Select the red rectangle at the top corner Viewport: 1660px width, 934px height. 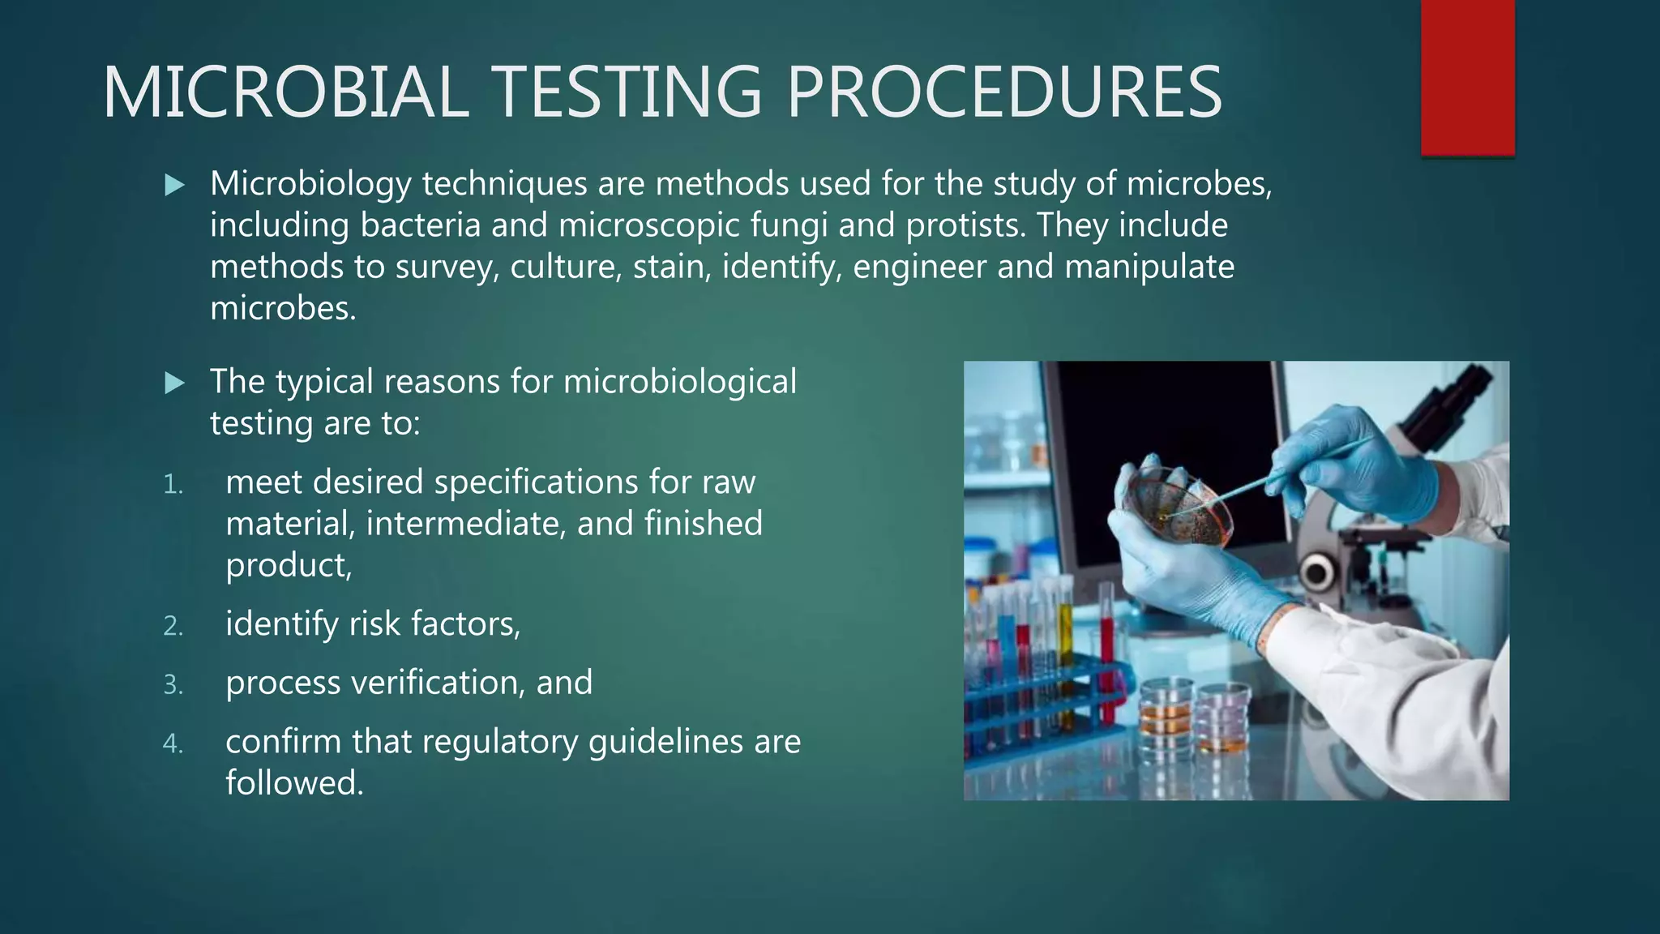pyautogui.click(x=1467, y=77)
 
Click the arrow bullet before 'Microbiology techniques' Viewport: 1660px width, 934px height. pyautogui.click(x=174, y=186)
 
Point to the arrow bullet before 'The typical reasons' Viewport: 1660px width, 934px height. pyautogui.click(x=174, y=383)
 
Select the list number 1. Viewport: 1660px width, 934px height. pyautogui.click(x=173, y=485)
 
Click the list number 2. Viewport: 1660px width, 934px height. pyautogui.click(x=173, y=626)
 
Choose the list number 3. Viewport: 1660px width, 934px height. pyautogui.click(x=173, y=685)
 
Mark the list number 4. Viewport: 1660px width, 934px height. pyautogui.click(x=173, y=743)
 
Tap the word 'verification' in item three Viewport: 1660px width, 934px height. pyautogui.click(x=438, y=683)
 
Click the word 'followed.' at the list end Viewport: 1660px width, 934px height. pyautogui.click(x=294, y=783)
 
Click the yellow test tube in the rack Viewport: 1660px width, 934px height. pyautogui.click(x=1065, y=649)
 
